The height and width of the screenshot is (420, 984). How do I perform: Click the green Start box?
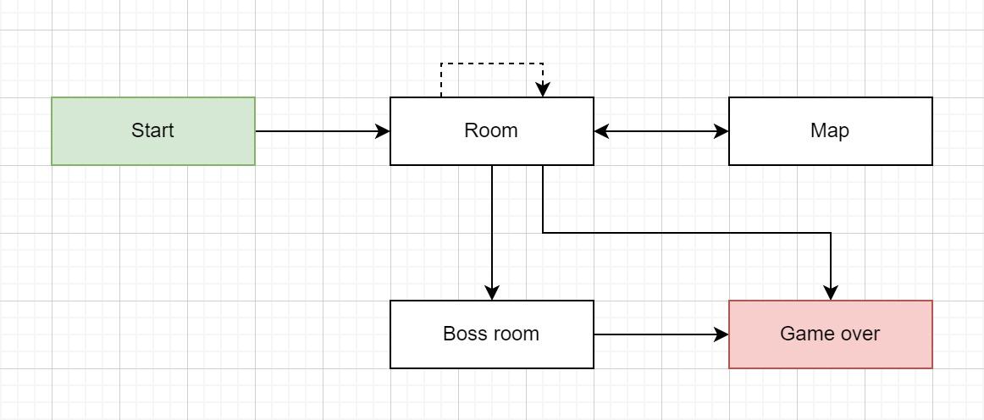(153, 131)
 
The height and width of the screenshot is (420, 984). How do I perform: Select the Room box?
(492, 131)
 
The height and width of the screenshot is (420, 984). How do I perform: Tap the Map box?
(831, 131)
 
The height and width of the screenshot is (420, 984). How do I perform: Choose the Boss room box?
(492, 334)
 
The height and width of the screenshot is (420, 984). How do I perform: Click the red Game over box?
(831, 334)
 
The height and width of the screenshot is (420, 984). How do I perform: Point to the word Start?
(152, 130)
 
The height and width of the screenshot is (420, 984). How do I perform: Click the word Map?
(830, 130)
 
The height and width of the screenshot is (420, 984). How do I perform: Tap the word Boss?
(464, 334)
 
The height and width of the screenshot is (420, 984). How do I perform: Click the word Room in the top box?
(491, 130)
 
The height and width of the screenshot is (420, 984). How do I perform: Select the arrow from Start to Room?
(323, 131)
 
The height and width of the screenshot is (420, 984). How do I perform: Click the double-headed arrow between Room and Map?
(661, 131)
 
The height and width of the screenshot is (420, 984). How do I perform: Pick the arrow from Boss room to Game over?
(661, 334)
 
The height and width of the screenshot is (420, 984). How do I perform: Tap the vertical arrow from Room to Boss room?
(492, 233)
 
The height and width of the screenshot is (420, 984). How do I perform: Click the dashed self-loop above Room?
(492, 64)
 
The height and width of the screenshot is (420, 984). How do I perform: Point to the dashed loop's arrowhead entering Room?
(543, 90)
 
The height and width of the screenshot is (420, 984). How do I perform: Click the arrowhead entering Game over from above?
(831, 293)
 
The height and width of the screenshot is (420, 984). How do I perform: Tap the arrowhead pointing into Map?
(721, 131)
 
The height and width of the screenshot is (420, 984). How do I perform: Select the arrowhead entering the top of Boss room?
(492, 293)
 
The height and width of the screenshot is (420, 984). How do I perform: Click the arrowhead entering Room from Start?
(383, 131)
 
